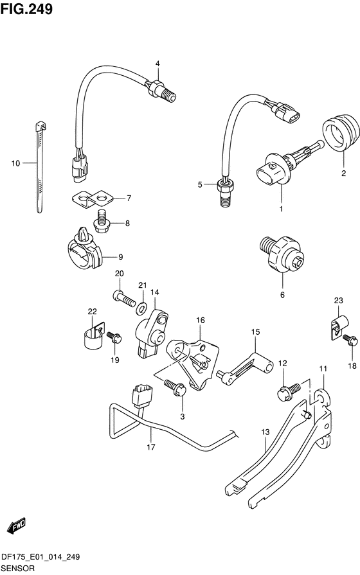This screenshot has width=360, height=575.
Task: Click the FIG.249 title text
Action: pyautogui.click(x=26, y=9)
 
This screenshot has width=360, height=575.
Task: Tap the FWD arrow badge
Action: pyautogui.click(x=17, y=526)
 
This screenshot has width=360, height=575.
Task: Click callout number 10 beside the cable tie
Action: pyautogui.click(x=15, y=163)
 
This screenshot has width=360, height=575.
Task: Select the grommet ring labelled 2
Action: pyautogui.click(x=341, y=132)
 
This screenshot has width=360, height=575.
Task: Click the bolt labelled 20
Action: pyautogui.click(x=125, y=299)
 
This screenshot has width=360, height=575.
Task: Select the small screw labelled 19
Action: pyautogui.click(x=114, y=338)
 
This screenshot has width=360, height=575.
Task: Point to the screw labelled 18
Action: pyautogui.click(x=350, y=341)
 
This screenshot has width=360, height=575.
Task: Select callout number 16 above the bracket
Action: pyautogui.click(x=201, y=320)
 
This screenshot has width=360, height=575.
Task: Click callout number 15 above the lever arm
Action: pyautogui.click(x=255, y=332)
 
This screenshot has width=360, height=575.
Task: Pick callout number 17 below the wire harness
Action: pyautogui.click(x=151, y=447)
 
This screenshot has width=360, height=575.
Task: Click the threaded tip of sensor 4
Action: pyautogui.click(x=170, y=96)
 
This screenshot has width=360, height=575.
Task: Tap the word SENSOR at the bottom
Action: pyautogui.click(x=19, y=569)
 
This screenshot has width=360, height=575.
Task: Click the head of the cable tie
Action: pyautogui.click(x=40, y=126)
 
